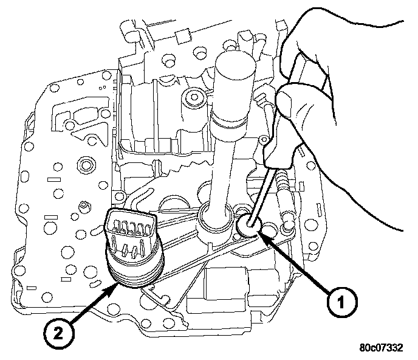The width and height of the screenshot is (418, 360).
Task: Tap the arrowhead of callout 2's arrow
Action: (x=116, y=281)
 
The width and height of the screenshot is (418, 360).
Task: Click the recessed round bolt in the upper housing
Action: (x=193, y=95)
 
